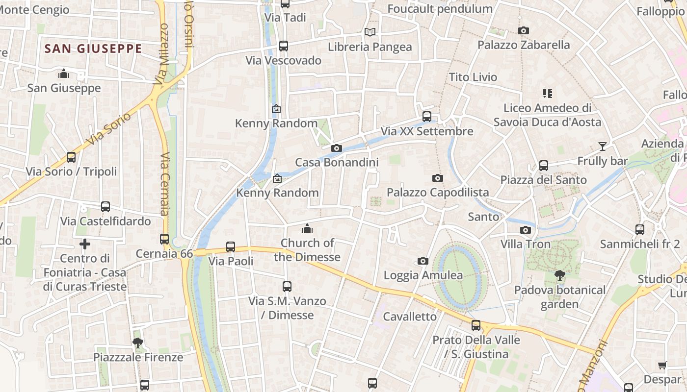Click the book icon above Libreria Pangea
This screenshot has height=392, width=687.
(x=370, y=32)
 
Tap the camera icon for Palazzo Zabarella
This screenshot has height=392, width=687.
(x=524, y=31)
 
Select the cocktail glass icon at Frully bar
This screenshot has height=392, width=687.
(x=603, y=146)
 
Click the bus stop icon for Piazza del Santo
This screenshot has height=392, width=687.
(x=543, y=166)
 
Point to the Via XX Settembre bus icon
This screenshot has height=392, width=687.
(x=427, y=117)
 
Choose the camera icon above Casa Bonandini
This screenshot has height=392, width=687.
(x=337, y=148)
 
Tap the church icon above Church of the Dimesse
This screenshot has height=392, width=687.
(x=307, y=228)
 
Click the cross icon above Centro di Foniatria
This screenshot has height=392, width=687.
(x=85, y=244)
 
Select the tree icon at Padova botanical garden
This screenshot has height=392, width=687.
(x=559, y=275)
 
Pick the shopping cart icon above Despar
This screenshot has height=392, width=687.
(x=662, y=365)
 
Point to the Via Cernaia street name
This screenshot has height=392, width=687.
(x=165, y=184)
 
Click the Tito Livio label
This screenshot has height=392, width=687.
(x=473, y=77)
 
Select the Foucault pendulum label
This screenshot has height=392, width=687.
(x=440, y=9)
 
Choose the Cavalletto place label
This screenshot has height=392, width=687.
(x=410, y=317)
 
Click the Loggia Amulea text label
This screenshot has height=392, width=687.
(x=423, y=275)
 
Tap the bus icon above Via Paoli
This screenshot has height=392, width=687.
(x=231, y=247)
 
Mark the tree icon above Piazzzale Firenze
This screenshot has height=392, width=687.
(x=138, y=343)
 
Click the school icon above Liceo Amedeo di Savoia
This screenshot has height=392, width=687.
(x=548, y=93)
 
